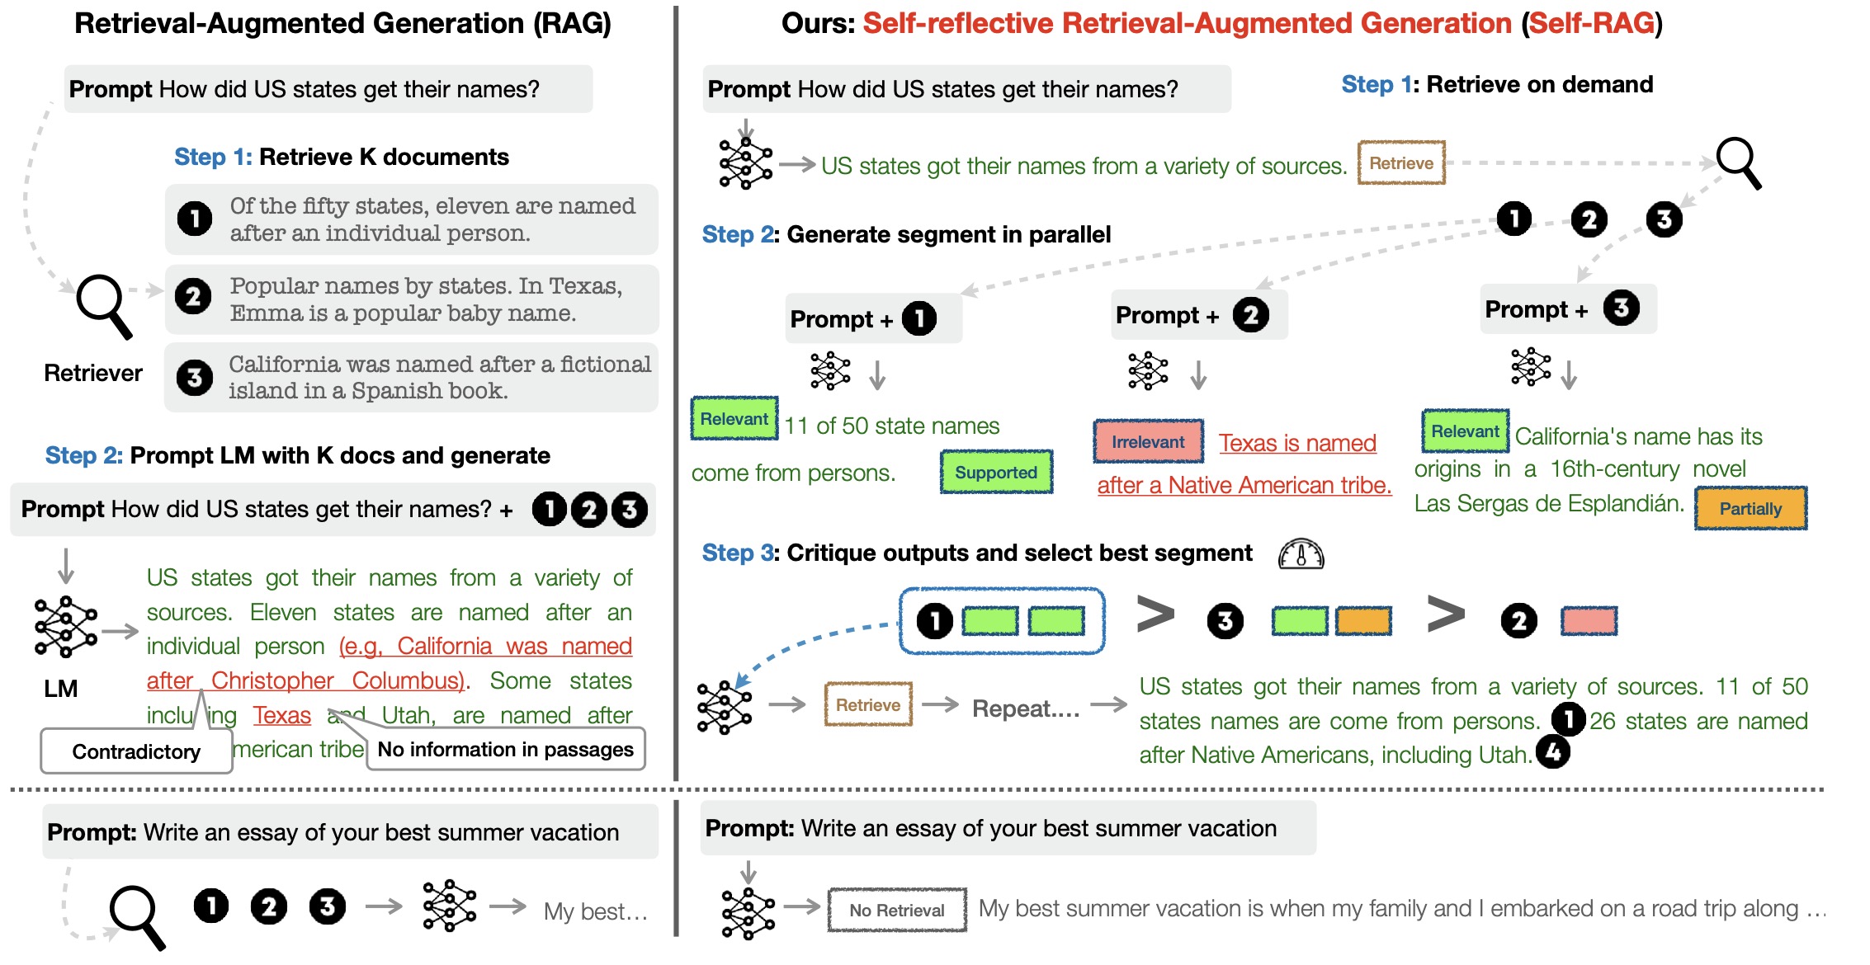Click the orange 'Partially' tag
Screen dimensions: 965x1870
click(x=1750, y=508)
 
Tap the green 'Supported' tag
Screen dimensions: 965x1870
click(x=996, y=472)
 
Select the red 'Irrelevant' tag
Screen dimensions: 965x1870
click(x=1148, y=441)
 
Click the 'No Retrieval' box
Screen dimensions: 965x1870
click(x=897, y=910)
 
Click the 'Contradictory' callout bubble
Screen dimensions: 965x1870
click(x=136, y=751)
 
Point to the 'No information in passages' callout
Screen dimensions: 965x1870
click(x=505, y=749)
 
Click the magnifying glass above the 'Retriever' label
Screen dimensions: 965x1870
click(x=104, y=305)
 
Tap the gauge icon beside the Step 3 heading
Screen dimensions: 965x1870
click(x=1301, y=554)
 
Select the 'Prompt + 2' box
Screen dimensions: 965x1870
click(x=1198, y=315)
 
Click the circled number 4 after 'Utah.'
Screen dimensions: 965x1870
click(x=1553, y=751)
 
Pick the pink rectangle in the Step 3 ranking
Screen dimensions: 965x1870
click(x=1589, y=620)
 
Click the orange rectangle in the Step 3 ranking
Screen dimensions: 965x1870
click(x=1363, y=620)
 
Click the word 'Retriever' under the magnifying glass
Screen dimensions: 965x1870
click(x=93, y=373)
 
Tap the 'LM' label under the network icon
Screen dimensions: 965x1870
click(x=61, y=688)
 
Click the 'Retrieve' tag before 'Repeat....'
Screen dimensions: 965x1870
click(x=868, y=704)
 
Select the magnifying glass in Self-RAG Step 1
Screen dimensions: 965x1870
click(x=1738, y=162)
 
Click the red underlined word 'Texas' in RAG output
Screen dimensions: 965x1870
click(x=281, y=714)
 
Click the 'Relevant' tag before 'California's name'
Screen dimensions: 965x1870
click(x=1465, y=431)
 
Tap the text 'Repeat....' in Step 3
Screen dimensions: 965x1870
click(x=1025, y=708)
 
